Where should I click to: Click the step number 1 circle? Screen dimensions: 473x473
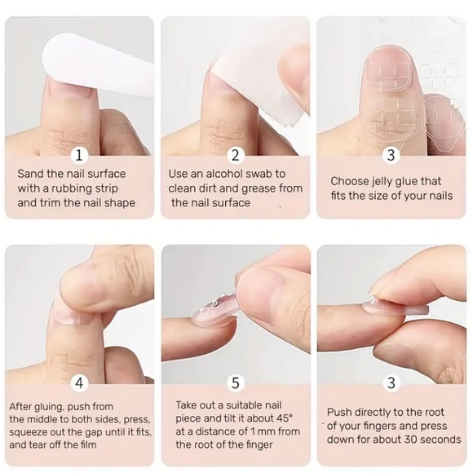79,155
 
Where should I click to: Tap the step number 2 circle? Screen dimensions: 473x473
236,155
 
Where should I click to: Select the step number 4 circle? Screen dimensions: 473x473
79,383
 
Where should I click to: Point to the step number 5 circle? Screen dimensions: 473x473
236,383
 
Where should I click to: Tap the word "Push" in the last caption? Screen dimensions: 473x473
338,412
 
